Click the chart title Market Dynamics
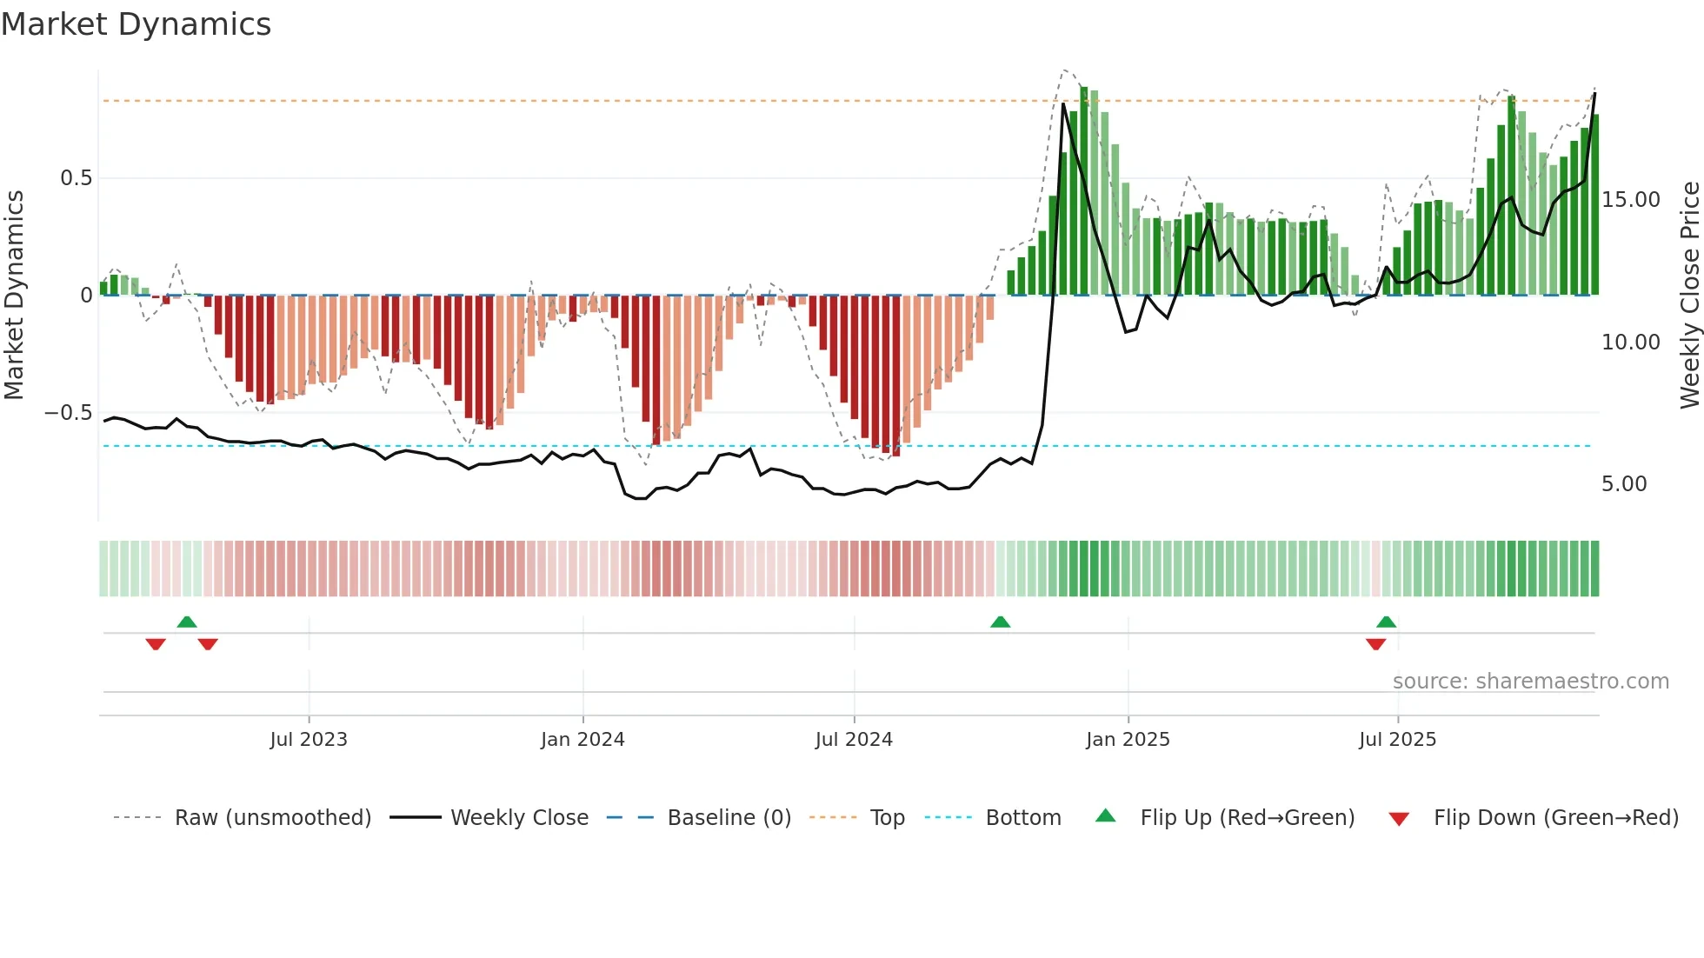point(136,24)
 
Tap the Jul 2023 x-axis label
point(309,740)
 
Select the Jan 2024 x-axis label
point(582,740)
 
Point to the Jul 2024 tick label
point(854,740)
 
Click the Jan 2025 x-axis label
point(1128,740)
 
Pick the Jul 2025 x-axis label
point(1397,740)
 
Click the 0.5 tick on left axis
point(76,178)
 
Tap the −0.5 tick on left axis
point(69,413)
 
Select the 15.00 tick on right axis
point(1630,200)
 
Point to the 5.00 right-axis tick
point(1624,484)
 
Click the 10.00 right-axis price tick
point(1630,343)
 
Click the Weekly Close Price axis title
point(1689,296)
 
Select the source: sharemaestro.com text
point(1530,682)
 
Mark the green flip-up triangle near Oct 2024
point(1000,622)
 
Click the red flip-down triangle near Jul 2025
point(1375,644)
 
